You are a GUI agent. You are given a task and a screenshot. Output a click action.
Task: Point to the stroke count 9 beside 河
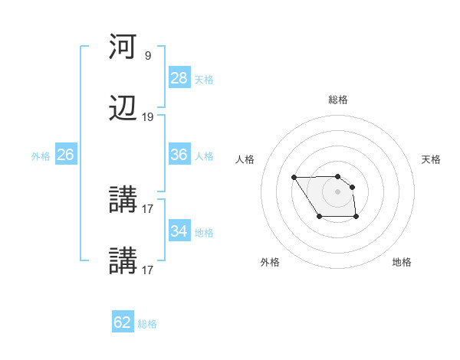(x=147, y=56)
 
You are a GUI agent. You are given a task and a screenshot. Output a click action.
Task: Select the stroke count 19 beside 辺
(x=147, y=117)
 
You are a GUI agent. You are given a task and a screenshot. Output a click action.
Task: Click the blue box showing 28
(x=179, y=78)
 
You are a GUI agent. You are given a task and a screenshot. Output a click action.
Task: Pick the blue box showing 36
(x=179, y=155)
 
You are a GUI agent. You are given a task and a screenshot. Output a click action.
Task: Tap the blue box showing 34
(x=179, y=231)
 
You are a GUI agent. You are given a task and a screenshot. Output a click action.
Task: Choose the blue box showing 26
(x=65, y=155)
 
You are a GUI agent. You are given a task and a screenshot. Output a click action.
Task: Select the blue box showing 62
(x=123, y=322)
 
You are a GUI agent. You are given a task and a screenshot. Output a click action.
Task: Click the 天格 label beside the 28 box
(x=204, y=80)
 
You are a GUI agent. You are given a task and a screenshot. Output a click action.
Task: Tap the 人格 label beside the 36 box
(x=204, y=156)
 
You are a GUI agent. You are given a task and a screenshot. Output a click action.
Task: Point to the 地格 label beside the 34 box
(x=204, y=233)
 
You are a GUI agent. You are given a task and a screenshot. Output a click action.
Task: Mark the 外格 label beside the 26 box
(x=41, y=156)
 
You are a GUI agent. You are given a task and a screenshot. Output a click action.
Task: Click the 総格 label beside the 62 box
(x=147, y=324)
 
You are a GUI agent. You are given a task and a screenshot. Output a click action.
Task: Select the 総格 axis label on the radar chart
(x=338, y=100)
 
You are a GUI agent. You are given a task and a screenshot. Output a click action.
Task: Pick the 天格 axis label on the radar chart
(x=432, y=159)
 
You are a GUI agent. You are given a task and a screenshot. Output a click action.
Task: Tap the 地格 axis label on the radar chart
(x=402, y=262)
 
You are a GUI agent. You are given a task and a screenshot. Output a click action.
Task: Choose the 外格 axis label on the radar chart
(x=270, y=262)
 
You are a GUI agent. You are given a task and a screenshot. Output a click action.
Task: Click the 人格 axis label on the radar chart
(x=245, y=159)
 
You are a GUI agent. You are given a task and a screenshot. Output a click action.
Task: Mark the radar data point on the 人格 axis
(x=294, y=178)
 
